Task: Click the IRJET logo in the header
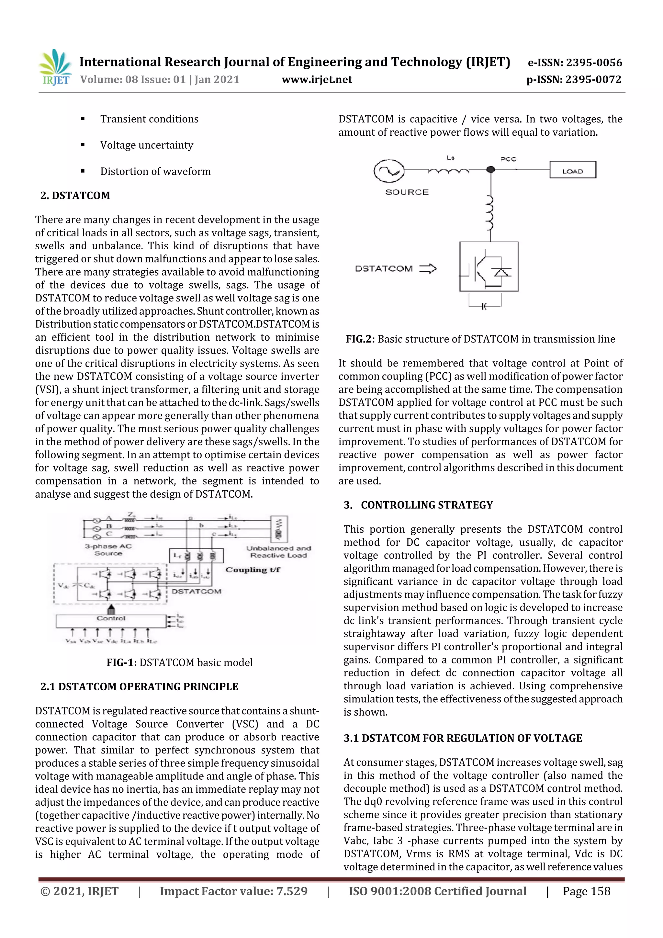pyautogui.click(x=55, y=67)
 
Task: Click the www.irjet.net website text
pyautogui.click(x=317, y=80)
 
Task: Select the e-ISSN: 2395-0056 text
pyautogui.click(x=575, y=62)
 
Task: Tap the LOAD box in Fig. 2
pyautogui.click(x=572, y=170)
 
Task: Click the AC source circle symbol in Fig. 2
pyautogui.click(x=389, y=171)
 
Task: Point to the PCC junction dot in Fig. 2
pyautogui.click(x=490, y=169)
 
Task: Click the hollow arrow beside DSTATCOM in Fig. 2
pyautogui.click(x=428, y=268)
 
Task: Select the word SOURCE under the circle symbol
pyautogui.click(x=407, y=192)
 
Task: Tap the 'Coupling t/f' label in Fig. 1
pyautogui.click(x=253, y=570)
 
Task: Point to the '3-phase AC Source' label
pyautogui.click(x=108, y=549)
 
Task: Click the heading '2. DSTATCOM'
pyautogui.click(x=75, y=195)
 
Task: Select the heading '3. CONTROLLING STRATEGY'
pyautogui.click(x=418, y=505)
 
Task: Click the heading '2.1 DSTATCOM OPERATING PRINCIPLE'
pyautogui.click(x=139, y=686)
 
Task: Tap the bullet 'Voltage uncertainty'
pyautogui.click(x=147, y=145)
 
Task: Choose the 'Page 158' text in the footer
pyautogui.click(x=586, y=891)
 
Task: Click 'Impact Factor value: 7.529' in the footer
pyautogui.click(x=233, y=891)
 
